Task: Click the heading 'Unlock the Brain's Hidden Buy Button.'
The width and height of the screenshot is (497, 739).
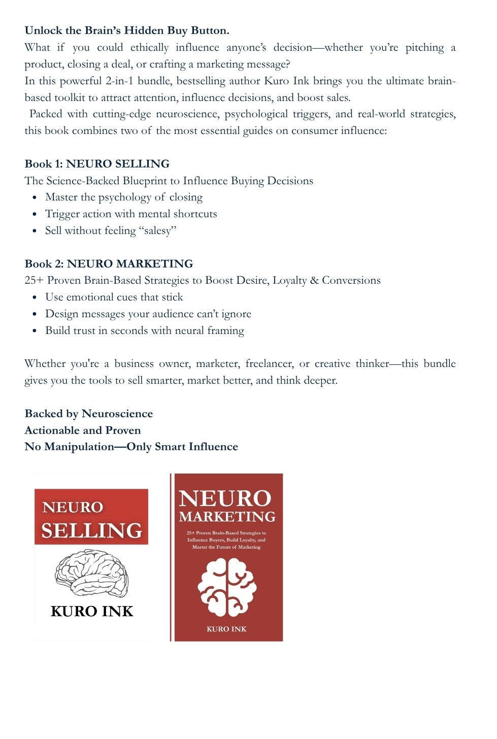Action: point(127,30)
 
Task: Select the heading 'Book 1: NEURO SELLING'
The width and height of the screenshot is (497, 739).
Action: point(97,164)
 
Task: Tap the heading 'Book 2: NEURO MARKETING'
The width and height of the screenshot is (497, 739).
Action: point(109,264)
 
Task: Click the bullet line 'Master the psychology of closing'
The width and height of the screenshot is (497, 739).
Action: point(124,197)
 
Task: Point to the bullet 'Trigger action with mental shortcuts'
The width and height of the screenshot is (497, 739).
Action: point(131,214)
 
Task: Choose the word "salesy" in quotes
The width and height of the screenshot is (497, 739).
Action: point(157,230)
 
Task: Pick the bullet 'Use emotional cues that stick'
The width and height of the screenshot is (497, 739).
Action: point(114,297)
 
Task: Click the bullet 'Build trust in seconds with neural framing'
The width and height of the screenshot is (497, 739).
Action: point(145,330)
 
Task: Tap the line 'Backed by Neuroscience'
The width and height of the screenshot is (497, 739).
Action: point(88,414)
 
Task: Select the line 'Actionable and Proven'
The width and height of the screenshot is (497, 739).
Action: point(83,430)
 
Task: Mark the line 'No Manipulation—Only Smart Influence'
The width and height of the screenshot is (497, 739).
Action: point(131,447)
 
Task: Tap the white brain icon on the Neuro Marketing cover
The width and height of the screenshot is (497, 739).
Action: point(227,587)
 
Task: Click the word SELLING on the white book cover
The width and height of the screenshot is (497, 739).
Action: point(92,530)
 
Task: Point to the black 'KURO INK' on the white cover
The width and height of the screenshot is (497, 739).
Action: point(92,611)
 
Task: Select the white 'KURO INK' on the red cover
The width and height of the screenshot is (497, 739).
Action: point(226,629)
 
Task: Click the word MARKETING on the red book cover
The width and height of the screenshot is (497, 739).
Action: point(227,517)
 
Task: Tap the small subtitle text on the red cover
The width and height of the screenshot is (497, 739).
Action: point(226,540)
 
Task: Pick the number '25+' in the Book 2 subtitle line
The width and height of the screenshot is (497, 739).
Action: point(34,281)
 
